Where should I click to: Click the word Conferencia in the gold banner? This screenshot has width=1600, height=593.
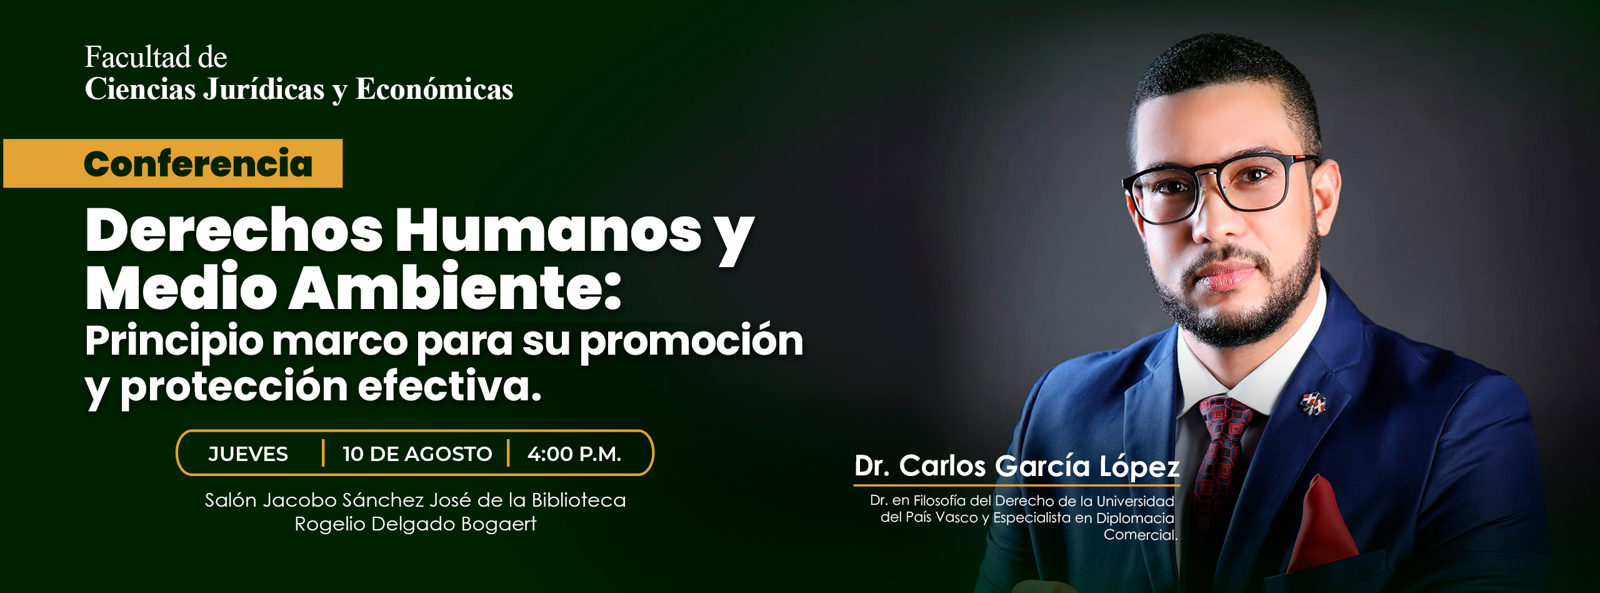click(198, 164)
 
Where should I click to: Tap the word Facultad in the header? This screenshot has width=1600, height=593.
click(139, 58)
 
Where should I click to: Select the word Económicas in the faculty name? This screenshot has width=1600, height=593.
click(434, 89)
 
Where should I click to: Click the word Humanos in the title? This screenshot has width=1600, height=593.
click(548, 230)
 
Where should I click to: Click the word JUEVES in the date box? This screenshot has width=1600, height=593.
click(248, 454)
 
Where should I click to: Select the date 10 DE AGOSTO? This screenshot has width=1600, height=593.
click(417, 454)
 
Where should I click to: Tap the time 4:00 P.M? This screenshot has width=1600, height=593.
click(574, 454)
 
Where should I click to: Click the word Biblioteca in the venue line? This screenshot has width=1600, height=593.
click(579, 500)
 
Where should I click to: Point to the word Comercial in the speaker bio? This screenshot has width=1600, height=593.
click(1139, 535)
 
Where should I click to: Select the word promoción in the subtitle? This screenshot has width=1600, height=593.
click(692, 342)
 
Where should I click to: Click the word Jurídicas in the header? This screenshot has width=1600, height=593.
click(264, 89)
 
